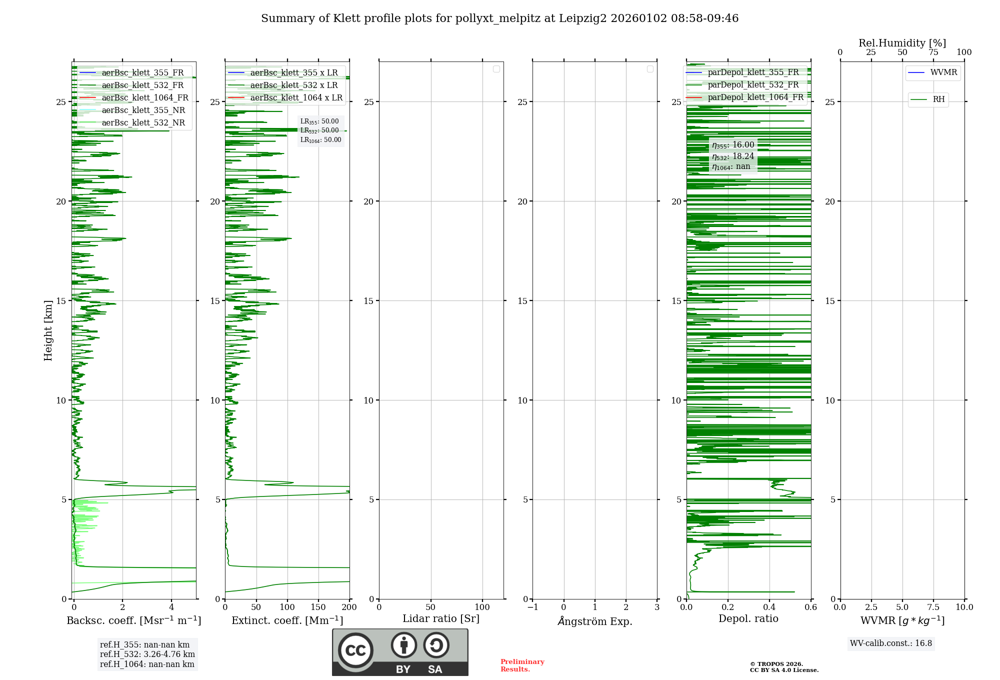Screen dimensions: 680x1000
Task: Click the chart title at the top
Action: [x=499, y=18]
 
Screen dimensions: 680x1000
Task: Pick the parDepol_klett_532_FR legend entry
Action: [x=753, y=85]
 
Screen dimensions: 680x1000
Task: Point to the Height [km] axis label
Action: [x=48, y=330]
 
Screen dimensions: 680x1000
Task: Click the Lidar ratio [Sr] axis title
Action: [x=441, y=619]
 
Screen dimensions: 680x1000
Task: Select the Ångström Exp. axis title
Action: [x=594, y=621]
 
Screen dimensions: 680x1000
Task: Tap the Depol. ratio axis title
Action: [x=748, y=619]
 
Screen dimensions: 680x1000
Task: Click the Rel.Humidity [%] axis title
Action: [x=902, y=43]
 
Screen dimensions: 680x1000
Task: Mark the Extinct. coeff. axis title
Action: [x=287, y=621]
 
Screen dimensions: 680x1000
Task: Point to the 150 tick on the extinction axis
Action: [x=318, y=607]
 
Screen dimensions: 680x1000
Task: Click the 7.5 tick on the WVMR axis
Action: [x=933, y=607]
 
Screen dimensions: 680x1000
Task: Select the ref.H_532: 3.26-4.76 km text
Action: [x=147, y=654]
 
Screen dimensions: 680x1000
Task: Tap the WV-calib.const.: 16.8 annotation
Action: [x=891, y=643]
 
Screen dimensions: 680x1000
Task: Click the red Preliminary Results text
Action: [x=522, y=665]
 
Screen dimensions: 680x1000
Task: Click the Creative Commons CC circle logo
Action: [x=355, y=650]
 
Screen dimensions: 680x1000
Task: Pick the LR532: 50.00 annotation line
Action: [x=319, y=130]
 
